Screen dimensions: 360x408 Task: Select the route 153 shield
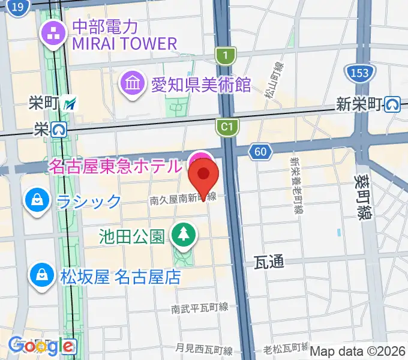point(359,73)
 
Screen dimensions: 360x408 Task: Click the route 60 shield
point(259,152)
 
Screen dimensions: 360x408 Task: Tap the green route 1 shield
point(226,56)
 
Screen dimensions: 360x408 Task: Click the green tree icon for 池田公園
point(182,236)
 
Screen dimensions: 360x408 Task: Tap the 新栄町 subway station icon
point(394,104)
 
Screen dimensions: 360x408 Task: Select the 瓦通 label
point(268,261)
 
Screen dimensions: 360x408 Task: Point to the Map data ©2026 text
point(357,350)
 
